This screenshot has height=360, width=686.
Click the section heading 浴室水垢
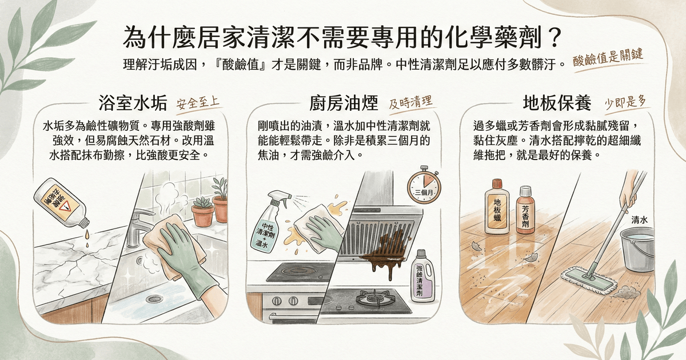pyautogui.click(x=133, y=103)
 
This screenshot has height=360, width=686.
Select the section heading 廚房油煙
pyautogui.click(x=344, y=103)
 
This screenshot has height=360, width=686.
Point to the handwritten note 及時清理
pyautogui.click(x=410, y=102)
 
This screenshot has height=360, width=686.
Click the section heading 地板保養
pyautogui.click(x=557, y=103)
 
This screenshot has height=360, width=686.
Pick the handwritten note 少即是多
pyautogui.click(x=625, y=102)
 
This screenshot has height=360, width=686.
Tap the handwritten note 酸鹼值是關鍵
pyautogui.click(x=608, y=58)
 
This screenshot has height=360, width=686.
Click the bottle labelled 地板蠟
pyautogui.click(x=497, y=207)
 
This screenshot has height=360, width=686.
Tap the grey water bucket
pyautogui.click(x=637, y=250)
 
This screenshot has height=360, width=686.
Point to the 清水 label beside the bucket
pyautogui.click(x=640, y=220)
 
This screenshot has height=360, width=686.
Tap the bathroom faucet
pyautogui.click(x=139, y=226)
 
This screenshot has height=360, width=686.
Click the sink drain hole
pyautogui.click(x=154, y=299)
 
